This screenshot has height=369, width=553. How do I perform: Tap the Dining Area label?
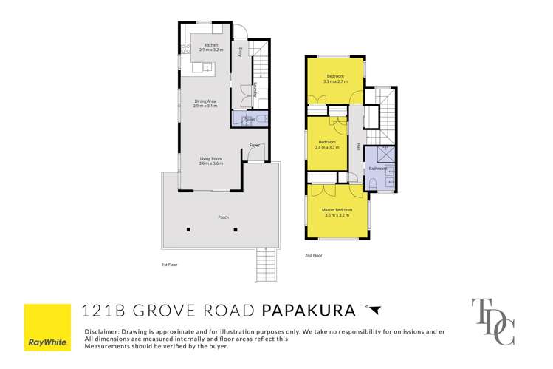point(205,104)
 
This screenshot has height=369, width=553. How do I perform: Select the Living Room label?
point(210,160)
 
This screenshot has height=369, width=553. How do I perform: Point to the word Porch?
point(222,217)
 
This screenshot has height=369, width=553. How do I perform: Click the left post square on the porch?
point(188,229)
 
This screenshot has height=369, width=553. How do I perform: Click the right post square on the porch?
point(236,229)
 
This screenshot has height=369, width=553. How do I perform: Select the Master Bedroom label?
point(337,212)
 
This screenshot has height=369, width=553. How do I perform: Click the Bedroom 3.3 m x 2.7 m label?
point(336,79)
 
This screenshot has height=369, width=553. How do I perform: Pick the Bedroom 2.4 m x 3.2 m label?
point(327,144)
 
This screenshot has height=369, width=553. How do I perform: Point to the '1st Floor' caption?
point(170,264)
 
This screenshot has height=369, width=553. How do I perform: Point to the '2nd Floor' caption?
point(314,256)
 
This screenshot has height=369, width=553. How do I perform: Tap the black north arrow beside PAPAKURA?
point(374,309)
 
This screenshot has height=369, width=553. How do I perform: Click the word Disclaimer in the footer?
point(105,331)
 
